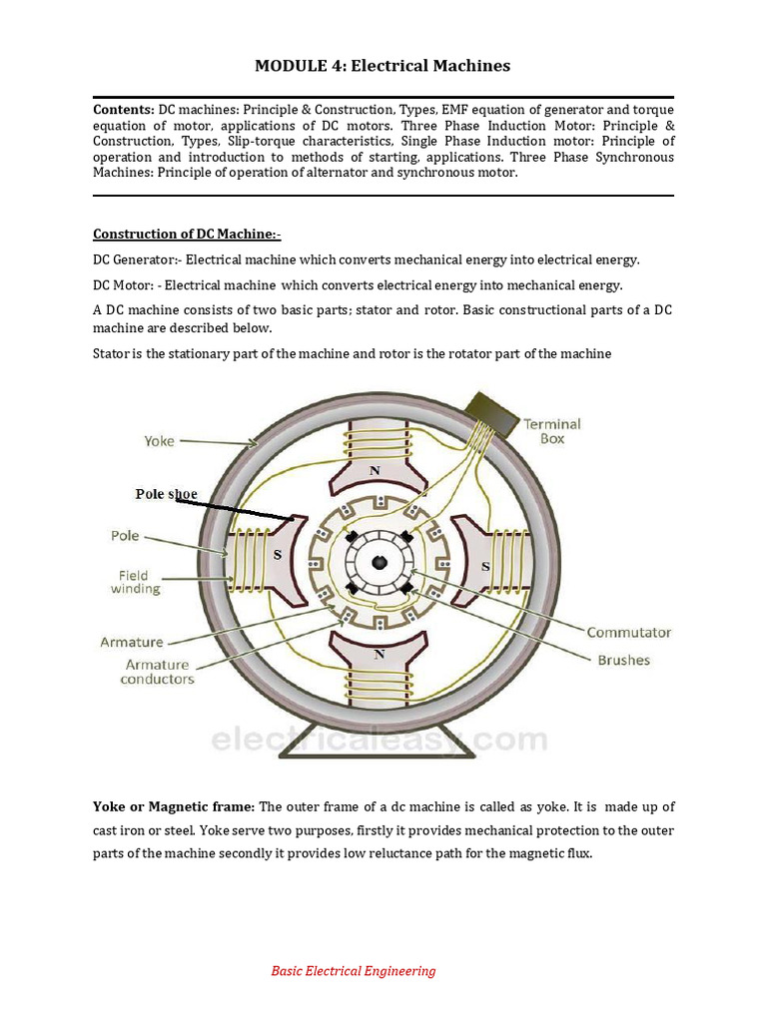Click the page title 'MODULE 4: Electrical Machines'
(x=383, y=66)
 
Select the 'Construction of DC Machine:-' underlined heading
(x=187, y=234)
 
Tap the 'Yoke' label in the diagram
(x=159, y=440)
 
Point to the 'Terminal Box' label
(x=552, y=431)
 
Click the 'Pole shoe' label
(x=166, y=494)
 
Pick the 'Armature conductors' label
(x=157, y=672)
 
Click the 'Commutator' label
(x=628, y=633)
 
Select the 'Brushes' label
(x=623, y=660)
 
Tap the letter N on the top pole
(x=375, y=470)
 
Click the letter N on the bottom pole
(x=379, y=655)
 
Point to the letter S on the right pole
(x=485, y=566)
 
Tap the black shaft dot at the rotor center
(x=379, y=563)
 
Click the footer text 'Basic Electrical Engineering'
(x=354, y=971)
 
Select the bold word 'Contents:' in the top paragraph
(x=124, y=109)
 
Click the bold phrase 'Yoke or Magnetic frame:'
(x=174, y=806)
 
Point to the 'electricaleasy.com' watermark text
(x=379, y=741)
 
